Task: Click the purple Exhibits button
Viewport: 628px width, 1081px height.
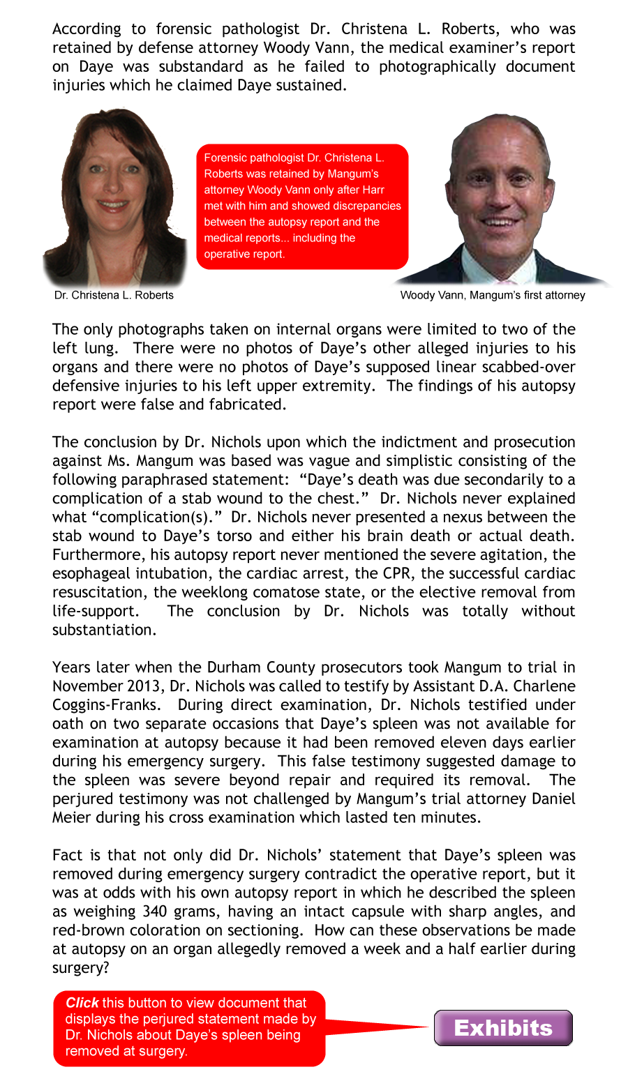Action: click(503, 1028)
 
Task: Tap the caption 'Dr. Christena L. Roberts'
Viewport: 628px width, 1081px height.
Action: click(114, 295)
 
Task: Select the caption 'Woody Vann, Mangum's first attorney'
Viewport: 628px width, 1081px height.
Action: click(493, 295)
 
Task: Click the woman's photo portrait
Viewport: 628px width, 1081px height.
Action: click(114, 199)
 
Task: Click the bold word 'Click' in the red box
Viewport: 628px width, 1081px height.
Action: click(82, 1003)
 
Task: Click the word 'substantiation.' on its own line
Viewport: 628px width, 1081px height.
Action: click(104, 630)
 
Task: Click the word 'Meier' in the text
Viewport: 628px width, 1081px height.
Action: click(74, 817)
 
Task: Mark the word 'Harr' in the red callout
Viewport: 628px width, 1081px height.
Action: click(373, 190)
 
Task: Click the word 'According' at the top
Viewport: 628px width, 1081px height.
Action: click(87, 29)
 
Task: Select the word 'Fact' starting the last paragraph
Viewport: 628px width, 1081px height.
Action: click(67, 855)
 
